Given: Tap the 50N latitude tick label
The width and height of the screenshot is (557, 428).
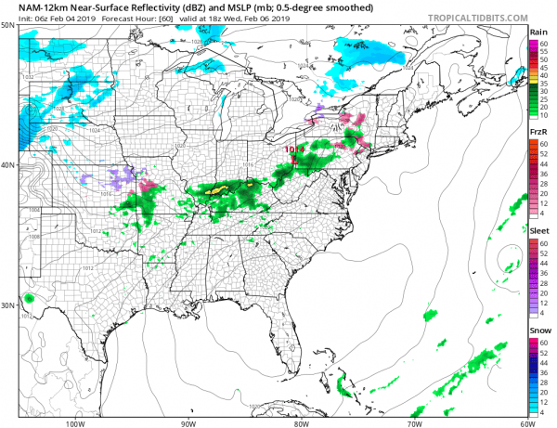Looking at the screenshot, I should click(7, 25).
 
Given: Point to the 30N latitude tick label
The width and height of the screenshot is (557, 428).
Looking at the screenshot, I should click(7, 305).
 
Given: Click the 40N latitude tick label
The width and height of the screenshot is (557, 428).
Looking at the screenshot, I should click(7, 165).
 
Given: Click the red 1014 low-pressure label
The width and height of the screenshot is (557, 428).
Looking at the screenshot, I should click(293, 148).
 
